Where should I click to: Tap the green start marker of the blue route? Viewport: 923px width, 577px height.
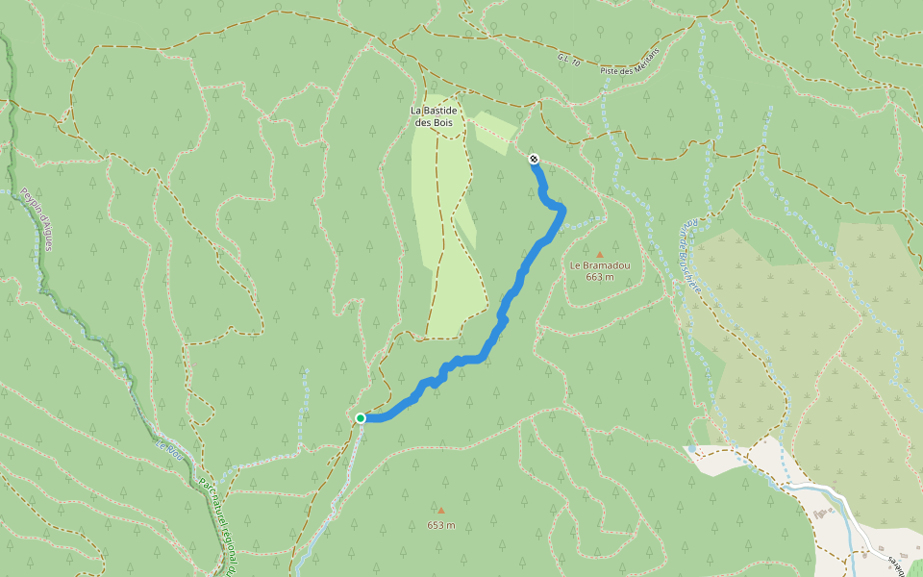[x=361, y=417]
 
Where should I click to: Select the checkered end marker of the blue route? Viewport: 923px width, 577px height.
[x=534, y=159]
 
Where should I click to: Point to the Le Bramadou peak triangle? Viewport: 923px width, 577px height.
[x=599, y=254]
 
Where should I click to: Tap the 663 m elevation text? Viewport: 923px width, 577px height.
[x=599, y=277]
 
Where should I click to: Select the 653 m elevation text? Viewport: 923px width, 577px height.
[x=441, y=525]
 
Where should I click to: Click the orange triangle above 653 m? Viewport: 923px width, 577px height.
[x=441, y=511]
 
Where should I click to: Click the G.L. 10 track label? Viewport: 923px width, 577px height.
[x=569, y=60]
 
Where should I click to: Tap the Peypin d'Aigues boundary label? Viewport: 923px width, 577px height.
[x=37, y=219]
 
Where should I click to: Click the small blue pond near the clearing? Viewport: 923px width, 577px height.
[x=690, y=449]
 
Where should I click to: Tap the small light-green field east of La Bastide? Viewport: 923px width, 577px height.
[x=495, y=133]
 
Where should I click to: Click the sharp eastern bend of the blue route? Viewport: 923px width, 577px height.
[x=561, y=210]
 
